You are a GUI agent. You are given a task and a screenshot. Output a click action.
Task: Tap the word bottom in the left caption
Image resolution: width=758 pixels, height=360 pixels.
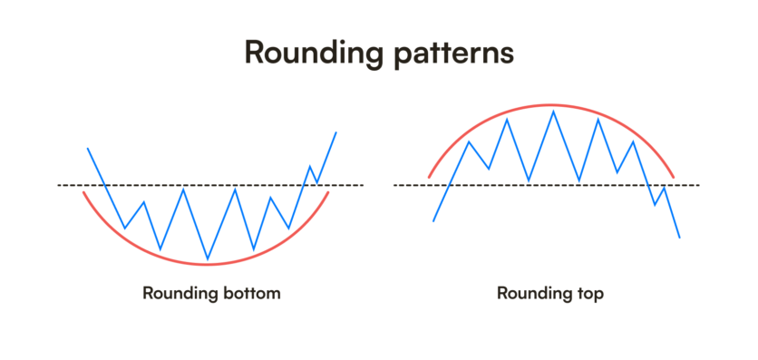click(x=248, y=294)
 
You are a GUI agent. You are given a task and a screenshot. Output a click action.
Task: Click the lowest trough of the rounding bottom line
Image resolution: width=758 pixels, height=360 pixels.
click(x=208, y=259)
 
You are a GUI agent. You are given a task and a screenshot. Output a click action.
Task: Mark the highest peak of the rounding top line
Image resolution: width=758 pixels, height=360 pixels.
click(x=552, y=111)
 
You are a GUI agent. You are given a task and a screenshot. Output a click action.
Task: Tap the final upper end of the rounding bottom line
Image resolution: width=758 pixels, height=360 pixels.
click(x=336, y=132)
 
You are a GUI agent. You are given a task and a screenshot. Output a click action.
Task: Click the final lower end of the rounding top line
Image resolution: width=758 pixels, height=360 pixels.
click(x=679, y=238)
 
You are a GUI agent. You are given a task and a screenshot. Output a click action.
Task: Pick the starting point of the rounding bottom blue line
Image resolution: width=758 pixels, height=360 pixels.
click(x=87, y=148)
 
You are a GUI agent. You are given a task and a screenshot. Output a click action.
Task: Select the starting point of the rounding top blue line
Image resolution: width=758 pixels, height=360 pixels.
click(x=434, y=220)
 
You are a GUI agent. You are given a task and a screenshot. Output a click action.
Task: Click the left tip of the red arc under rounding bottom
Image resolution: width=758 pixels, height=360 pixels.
click(x=83, y=192)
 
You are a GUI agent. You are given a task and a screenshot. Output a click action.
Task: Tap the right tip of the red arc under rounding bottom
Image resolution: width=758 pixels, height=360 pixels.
click(x=328, y=192)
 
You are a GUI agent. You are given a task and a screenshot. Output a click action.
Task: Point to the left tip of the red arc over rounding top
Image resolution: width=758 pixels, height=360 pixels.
click(x=429, y=176)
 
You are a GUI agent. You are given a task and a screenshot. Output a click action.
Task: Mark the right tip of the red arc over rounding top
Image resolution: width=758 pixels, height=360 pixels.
click(x=674, y=176)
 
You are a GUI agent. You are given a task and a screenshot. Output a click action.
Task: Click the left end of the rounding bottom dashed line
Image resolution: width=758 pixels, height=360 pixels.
click(x=59, y=185)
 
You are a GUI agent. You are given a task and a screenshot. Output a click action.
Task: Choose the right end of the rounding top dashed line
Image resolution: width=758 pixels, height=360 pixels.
click(x=699, y=185)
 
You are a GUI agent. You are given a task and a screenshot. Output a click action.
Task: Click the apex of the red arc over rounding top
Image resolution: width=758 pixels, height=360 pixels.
click(x=551, y=104)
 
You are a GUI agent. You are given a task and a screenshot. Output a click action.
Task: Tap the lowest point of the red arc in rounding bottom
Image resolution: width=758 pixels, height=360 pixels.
click(x=207, y=264)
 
